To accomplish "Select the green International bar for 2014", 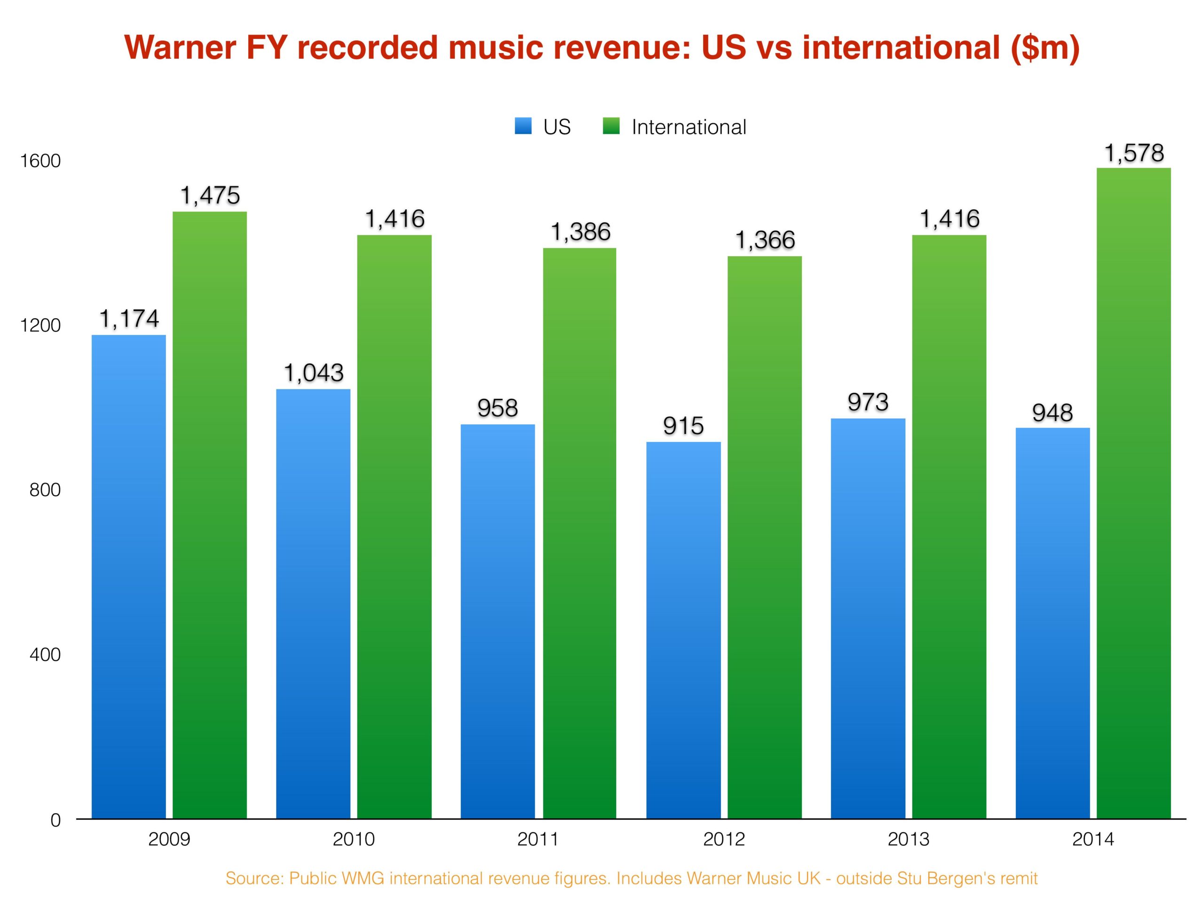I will click(x=1133, y=492).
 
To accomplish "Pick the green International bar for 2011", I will click(x=580, y=533).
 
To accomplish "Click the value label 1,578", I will click(x=1134, y=153).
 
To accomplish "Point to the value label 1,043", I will click(x=314, y=373).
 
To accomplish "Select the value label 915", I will click(x=683, y=426).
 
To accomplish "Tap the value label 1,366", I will click(x=765, y=240).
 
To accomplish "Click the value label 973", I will click(x=868, y=402).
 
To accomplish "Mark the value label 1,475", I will click(x=210, y=195).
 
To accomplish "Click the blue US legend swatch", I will click(x=523, y=127).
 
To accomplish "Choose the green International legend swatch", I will click(x=611, y=127).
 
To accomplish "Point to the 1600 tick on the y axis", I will click(x=40, y=161).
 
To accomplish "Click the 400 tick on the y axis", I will click(x=45, y=654).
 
